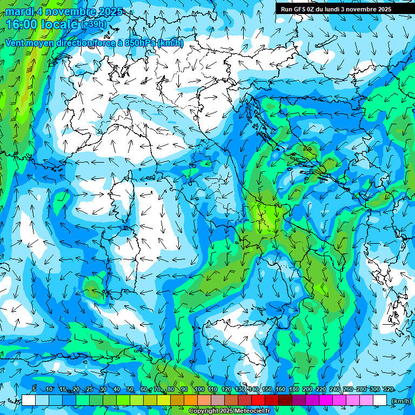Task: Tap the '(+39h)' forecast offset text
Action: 94,24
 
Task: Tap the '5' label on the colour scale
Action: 34,389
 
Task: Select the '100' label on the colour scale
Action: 199,389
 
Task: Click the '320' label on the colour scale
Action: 388,389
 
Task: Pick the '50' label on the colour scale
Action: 130,389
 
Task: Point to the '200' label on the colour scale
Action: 307,389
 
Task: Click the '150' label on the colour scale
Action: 267,389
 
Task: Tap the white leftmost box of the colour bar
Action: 29,400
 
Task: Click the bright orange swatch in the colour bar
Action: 191,400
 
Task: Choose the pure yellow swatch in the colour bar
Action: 164,400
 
